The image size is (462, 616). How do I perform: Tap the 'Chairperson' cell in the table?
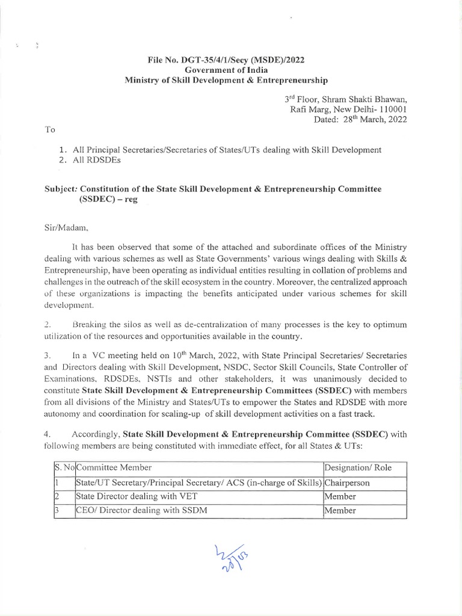tap(346, 482)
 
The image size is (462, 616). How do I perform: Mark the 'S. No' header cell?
tap(61, 467)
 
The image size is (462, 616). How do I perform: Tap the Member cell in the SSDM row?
tap(340, 511)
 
